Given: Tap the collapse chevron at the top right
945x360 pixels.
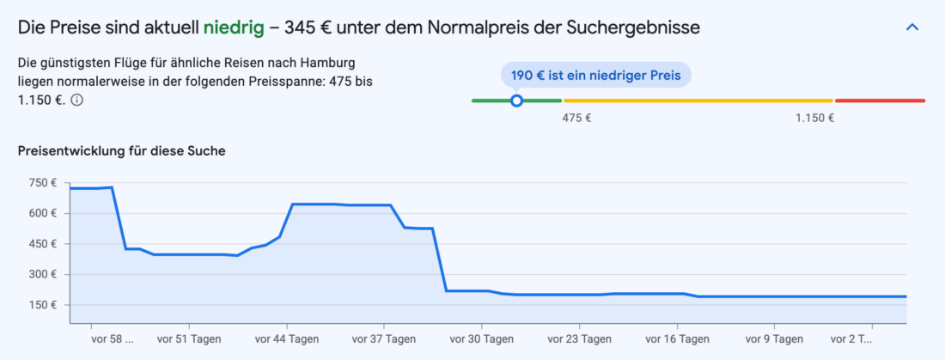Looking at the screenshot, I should coord(912,27).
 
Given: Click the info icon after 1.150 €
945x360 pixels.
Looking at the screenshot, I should coord(76,101).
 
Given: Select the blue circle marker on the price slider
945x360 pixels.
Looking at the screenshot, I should coord(516,101).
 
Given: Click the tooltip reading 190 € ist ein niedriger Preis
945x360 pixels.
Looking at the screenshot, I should coord(595,75).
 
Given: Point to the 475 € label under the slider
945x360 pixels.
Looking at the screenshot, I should coord(576,119).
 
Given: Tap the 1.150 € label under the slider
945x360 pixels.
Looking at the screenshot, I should coord(814,119).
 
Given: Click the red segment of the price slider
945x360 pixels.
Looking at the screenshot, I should coord(880,101).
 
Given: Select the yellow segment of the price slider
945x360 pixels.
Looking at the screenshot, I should coord(698,101).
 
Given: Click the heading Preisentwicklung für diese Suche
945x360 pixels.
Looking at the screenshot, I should coord(121,151).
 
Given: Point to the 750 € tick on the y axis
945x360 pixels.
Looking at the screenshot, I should coord(42,183).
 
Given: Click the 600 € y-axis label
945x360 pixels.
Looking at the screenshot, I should coord(42,213).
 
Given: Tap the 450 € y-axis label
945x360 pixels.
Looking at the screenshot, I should coord(42,244).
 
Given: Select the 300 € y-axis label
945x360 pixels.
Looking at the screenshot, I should coord(42,275).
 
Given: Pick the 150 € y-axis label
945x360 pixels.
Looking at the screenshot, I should coord(42,305).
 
